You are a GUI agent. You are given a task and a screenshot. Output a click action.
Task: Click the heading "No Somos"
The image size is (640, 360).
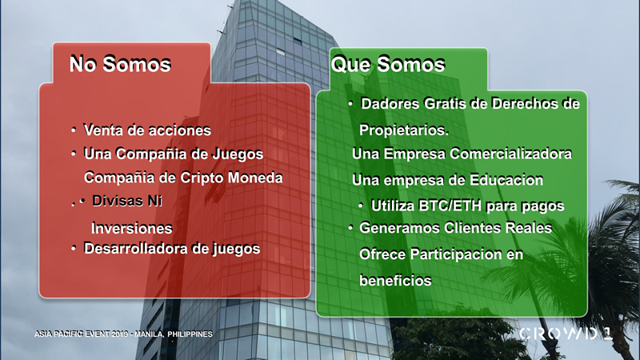[120, 64]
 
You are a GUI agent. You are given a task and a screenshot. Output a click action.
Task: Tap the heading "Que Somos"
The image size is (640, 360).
[388, 64]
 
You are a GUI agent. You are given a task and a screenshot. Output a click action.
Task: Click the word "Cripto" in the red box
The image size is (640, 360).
[202, 178]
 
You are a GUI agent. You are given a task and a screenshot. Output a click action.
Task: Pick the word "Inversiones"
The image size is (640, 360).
[131, 228]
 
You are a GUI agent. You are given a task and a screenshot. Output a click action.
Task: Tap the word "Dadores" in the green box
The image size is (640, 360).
[390, 104]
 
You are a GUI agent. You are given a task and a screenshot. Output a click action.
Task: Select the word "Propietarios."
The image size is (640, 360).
[404, 130]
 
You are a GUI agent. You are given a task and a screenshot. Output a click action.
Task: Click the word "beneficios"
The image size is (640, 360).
[395, 281]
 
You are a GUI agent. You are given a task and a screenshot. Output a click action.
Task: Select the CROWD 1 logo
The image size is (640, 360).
[566, 334]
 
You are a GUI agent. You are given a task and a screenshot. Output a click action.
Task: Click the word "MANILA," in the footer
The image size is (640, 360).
[150, 334]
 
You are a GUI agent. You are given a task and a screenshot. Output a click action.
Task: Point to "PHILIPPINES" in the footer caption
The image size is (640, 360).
[190, 334]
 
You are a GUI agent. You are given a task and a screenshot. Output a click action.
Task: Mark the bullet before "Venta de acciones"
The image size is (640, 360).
[74, 130]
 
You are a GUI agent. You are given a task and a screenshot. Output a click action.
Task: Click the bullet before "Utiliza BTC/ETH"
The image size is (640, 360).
[361, 206]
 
